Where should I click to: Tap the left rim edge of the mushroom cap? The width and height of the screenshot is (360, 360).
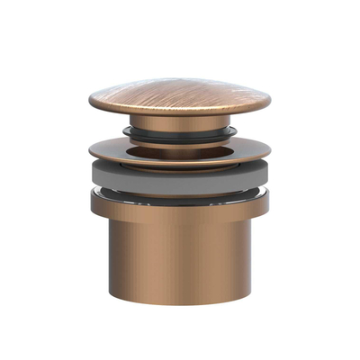91,102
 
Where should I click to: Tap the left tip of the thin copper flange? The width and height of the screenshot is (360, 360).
90,156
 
